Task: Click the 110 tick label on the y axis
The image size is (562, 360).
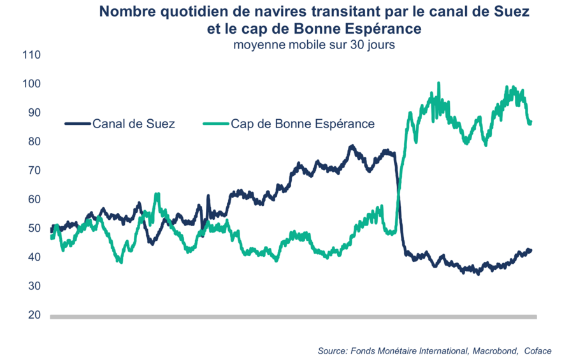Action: tap(31, 55)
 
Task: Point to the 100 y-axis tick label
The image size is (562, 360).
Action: tap(31, 84)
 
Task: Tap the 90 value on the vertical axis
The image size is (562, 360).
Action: tap(34, 113)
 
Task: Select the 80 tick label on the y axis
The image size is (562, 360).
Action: tap(34, 141)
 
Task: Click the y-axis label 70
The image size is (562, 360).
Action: tap(34, 171)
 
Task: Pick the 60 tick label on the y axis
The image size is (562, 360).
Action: tap(34, 199)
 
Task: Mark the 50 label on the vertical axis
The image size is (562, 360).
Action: tap(34, 228)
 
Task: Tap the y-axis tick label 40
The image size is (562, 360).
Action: tap(34, 257)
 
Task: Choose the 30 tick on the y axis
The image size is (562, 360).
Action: tap(34, 286)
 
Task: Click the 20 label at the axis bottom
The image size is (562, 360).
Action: tap(34, 315)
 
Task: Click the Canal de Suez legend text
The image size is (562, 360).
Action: tap(134, 124)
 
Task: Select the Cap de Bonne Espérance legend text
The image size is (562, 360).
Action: tap(303, 124)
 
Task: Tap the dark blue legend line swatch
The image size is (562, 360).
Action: tap(78, 124)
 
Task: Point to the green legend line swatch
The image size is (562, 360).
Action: tap(215, 124)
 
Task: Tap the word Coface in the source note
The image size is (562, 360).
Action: tap(537, 351)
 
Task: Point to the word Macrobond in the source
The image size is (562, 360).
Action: tap(491, 351)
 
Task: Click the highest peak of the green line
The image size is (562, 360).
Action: tap(438, 83)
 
